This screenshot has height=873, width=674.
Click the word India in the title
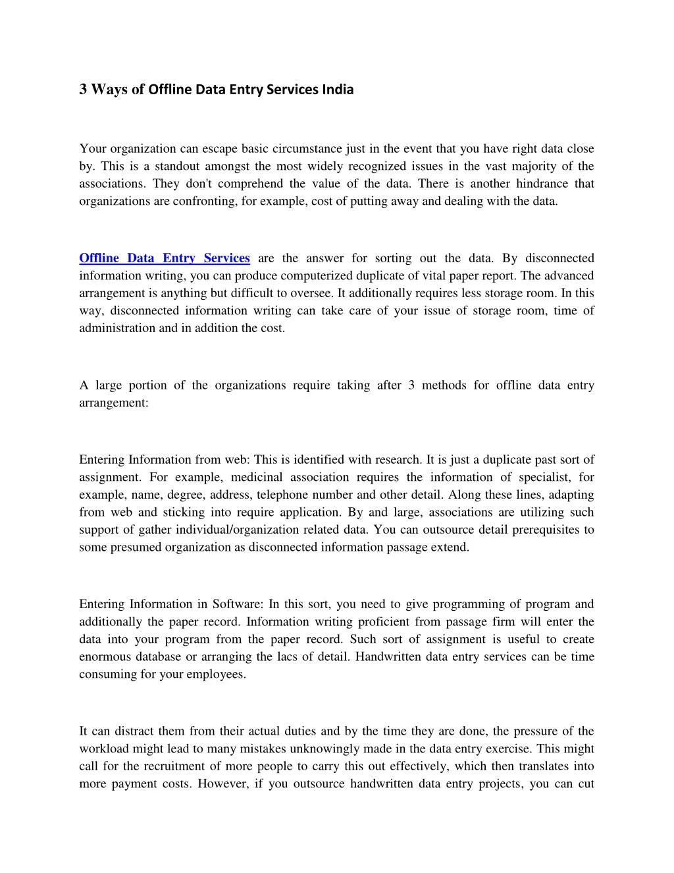337,89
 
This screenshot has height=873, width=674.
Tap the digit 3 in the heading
83,89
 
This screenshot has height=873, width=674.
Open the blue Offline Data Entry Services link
165,258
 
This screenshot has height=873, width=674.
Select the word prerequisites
534,530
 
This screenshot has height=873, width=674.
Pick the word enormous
105,657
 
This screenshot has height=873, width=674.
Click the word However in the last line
219,784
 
